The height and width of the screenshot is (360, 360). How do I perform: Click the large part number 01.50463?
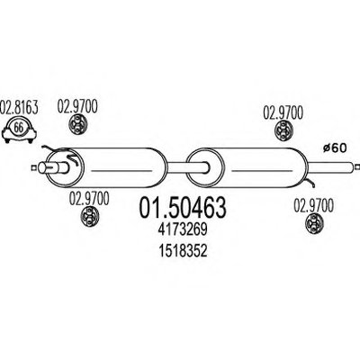(182, 208)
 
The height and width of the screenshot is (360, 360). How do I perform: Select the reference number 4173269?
(183, 230)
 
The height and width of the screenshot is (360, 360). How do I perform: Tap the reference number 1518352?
(183, 251)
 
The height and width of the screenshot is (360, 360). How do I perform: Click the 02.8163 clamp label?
(19, 107)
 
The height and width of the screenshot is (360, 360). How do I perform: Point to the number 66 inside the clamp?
(19, 128)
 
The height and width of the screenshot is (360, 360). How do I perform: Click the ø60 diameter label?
(335, 148)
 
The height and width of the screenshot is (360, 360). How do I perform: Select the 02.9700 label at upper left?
(77, 106)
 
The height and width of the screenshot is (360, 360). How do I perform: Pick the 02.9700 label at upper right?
(283, 112)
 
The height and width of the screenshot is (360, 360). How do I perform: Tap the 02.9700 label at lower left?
(89, 199)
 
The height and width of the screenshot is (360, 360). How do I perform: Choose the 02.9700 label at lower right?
(313, 206)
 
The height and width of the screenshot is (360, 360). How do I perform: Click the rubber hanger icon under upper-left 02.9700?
(78, 125)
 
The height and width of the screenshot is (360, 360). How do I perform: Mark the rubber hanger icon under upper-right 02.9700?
(283, 130)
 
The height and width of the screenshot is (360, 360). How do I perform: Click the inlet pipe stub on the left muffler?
(53, 167)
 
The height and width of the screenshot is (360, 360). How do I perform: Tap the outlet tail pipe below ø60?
(331, 167)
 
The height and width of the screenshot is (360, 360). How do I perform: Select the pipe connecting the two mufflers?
(186, 167)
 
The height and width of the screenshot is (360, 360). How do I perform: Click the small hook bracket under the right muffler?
(310, 182)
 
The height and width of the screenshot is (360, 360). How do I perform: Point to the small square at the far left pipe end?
(33, 167)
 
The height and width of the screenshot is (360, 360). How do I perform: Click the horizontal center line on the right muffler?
(263, 171)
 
